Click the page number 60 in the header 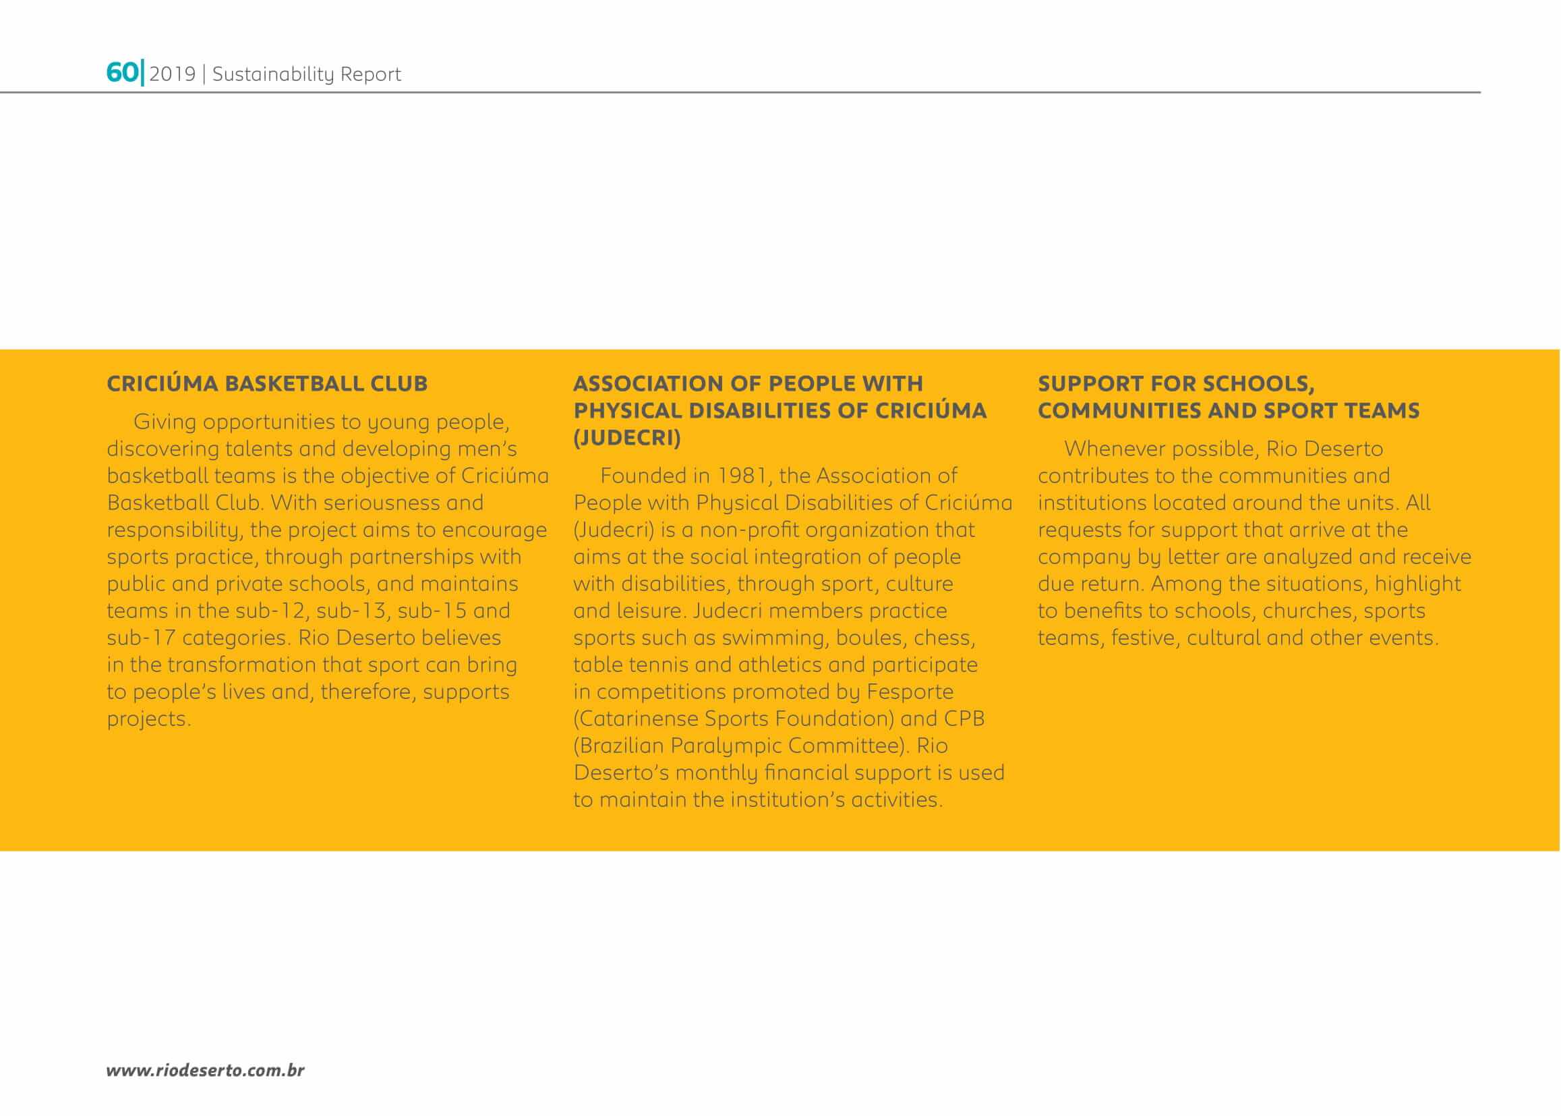pyautogui.click(x=121, y=73)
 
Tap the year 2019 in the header pyautogui.click(x=173, y=74)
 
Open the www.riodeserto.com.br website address pyautogui.click(x=206, y=1070)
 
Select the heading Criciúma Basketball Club pyautogui.click(x=267, y=383)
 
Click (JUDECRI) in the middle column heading pyautogui.click(x=627, y=438)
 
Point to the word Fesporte pyautogui.click(x=910, y=692)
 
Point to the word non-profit pyautogui.click(x=748, y=530)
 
